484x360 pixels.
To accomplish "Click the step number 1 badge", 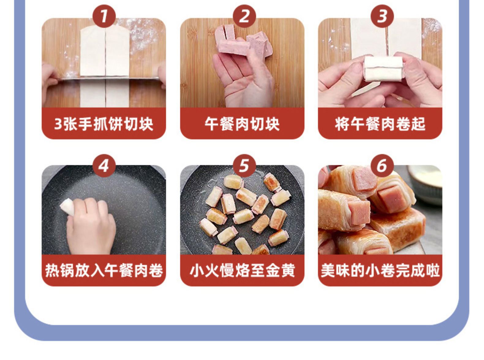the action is click(104, 16).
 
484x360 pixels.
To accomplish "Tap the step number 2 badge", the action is click(244, 16).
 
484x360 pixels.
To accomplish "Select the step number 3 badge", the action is click(382, 16).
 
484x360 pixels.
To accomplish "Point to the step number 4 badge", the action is click(104, 166).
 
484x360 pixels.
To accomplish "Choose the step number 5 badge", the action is click(244, 166).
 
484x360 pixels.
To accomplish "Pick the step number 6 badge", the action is click(382, 166).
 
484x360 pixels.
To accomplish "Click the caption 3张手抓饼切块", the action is click(104, 124).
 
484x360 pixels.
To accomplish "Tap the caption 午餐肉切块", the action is click(242, 124).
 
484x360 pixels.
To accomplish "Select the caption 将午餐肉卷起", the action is click(380, 124).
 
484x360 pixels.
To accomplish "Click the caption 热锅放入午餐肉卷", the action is click(104, 271).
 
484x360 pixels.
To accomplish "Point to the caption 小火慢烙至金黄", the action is click(242, 271).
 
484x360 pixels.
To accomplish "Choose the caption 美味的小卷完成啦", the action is click(380, 271).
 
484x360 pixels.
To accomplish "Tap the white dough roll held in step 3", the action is click(383, 69).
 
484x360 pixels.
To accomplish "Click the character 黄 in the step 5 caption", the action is click(288, 271).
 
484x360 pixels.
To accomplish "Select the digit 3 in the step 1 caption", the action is click(58, 124).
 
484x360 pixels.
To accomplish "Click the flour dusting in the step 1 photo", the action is click(142, 35).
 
